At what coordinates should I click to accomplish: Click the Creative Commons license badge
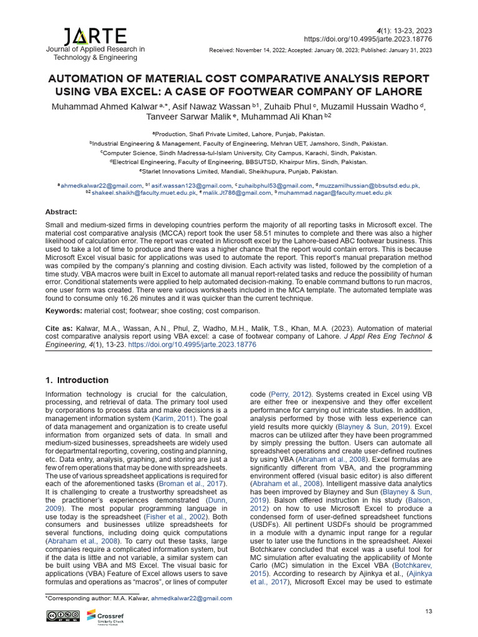(63, 616)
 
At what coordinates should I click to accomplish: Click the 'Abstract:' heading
(62, 212)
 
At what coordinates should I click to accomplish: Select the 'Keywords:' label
(64, 310)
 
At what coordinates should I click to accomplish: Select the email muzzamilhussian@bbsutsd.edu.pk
(368, 185)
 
